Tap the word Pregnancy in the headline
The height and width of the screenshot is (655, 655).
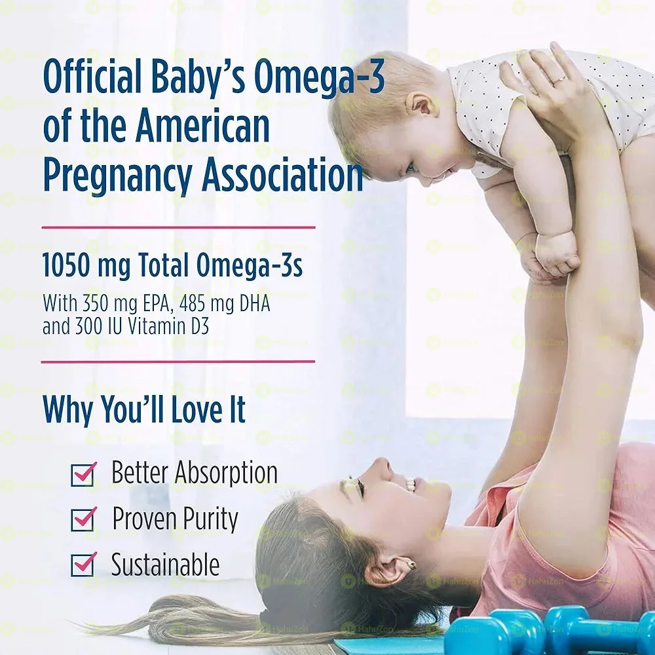pyautogui.click(x=117, y=177)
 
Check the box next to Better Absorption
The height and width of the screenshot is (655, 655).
pyautogui.click(x=83, y=474)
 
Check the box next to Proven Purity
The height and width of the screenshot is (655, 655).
pyautogui.click(x=83, y=519)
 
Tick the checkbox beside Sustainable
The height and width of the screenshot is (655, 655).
pyautogui.click(x=83, y=565)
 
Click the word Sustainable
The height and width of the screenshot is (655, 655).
pyautogui.click(x=165, y=565)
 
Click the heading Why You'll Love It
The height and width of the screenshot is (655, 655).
pyautogui.click(x=144, y=409)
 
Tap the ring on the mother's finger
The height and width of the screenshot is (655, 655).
pyautogui.click(x=559, y=80)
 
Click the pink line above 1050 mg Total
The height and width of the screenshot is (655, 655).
pyautogui.click(x=178, y=227)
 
